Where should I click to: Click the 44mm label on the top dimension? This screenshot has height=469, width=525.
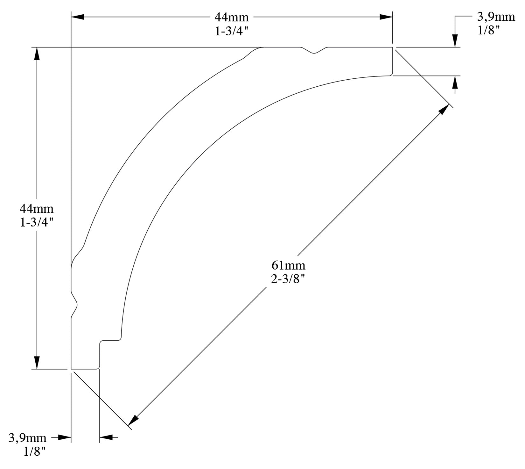231,17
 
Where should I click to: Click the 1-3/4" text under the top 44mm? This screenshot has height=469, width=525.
231,32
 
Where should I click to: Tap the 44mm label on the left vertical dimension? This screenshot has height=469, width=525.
37,209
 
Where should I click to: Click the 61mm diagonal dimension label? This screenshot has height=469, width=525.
288,265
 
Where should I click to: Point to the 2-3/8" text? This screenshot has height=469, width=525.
288,279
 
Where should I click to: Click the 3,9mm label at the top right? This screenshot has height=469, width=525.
496,17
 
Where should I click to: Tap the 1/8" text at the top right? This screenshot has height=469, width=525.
488,31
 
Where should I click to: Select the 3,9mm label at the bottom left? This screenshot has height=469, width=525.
27,438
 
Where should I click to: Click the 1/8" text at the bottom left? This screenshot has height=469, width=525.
35,452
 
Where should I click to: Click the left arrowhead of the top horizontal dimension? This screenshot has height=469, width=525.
77,17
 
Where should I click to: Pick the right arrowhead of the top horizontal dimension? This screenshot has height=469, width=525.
386,17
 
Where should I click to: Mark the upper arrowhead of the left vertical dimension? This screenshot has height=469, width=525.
37,54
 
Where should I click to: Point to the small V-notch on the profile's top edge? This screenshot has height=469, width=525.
314,52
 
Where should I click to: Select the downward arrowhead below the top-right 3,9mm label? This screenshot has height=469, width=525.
455,41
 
